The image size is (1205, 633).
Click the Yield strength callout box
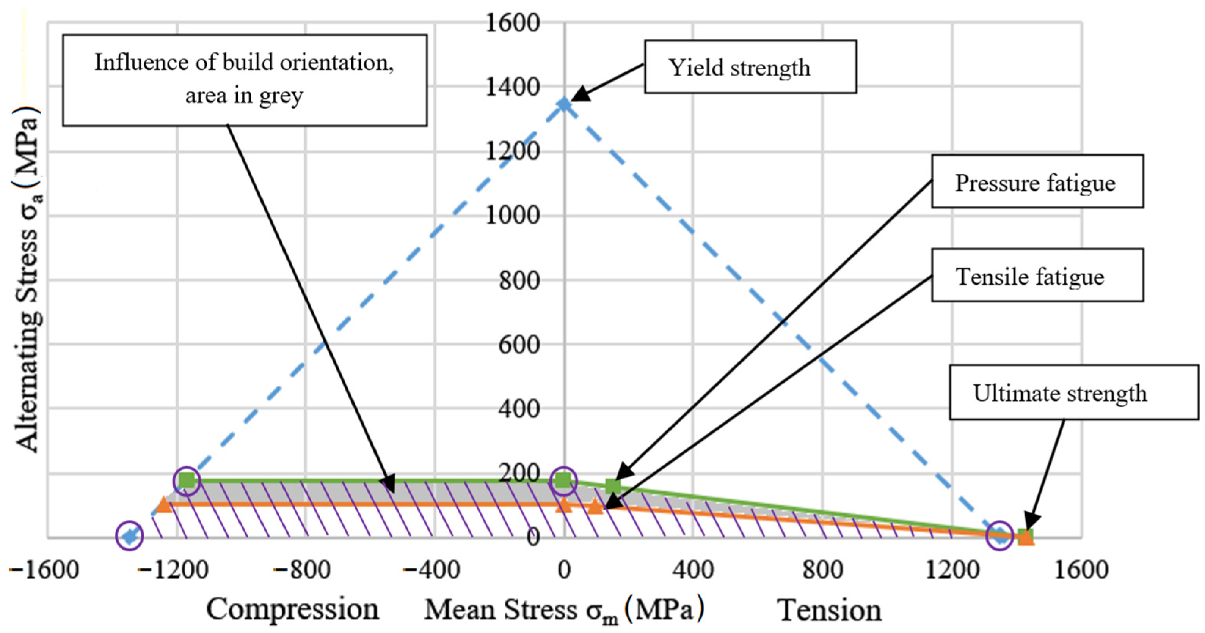click(750, 67)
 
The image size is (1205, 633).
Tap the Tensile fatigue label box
click(1037, 275)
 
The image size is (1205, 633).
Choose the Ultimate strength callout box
click(1073, 392)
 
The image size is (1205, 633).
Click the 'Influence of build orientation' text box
click(244, 80)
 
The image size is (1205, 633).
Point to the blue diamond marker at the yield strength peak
click(565, 104)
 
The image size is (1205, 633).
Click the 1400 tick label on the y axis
click(513, 87)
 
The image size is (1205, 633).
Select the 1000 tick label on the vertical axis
click(513, 216)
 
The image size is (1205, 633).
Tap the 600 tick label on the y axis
click(519, 345)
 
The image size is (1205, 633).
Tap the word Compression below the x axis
click(293, 609)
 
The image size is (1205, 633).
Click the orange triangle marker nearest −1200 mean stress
click(164, 505)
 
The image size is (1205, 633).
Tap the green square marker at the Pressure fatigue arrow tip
click(613, 487)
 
